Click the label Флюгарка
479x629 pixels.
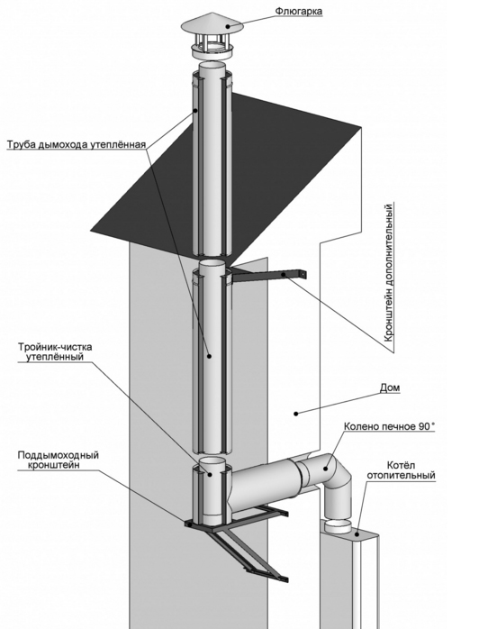tap(298, 11)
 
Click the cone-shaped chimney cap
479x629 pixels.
tap(212, 25)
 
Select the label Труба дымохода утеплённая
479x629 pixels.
tap(77, 144)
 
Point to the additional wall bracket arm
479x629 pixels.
tap(268, 276)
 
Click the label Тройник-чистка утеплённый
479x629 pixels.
tap(55, 351)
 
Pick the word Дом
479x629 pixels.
tap(390, 387)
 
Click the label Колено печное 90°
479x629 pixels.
tap(389, 426)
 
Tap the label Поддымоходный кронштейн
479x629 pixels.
tap(58, 460)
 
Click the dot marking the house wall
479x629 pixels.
tap(296, 414)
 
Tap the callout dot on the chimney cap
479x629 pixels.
tap(228, 26)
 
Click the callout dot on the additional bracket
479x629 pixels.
tap(285, 274)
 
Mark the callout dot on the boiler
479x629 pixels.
tap(357, 533)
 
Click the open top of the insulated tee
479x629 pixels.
tap(212, 461)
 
